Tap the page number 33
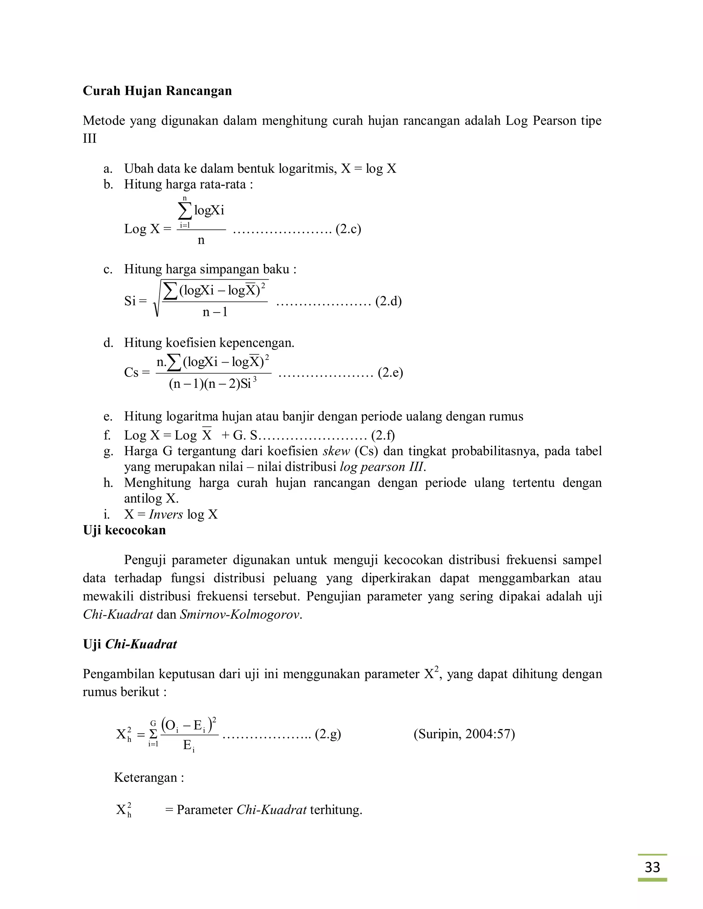(x=652, y=867)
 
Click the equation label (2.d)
(x=388, y=301)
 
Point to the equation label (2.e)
(x=390, y=372)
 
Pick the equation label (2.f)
(x=383, y=435)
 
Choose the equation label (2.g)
(x=328, y=734)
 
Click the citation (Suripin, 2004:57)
(x=464, y=734)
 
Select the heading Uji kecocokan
(x=124, y=530)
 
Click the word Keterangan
(x=146, y=778)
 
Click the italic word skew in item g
(x=336, y=451)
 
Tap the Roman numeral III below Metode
(x=90, y=139)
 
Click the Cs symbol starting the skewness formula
(x=131, y=372)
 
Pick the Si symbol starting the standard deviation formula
(x=130, y=301)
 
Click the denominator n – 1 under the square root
(x=215, y=312)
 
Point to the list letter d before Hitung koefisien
(x=108, y=343)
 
